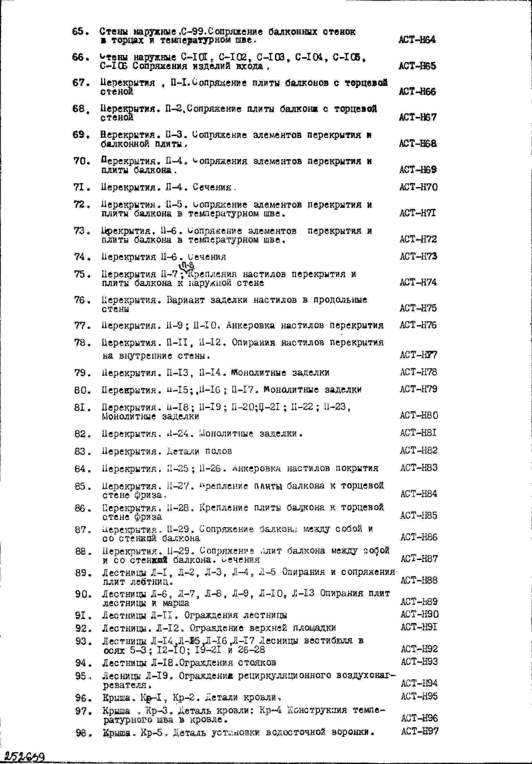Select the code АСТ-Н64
point(417,40)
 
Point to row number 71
point(81,187)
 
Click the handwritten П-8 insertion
point(187,266)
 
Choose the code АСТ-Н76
point(418,325)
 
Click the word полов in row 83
point(218,451)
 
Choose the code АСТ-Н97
point(419,731)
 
